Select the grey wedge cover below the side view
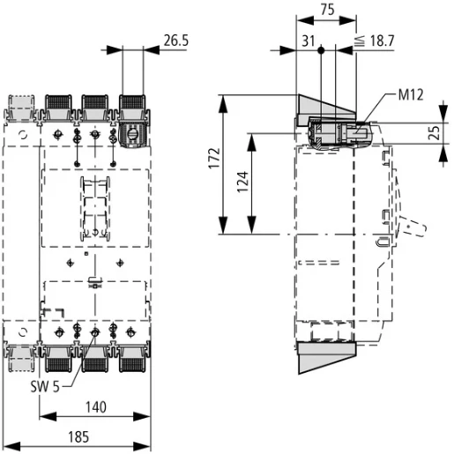327,357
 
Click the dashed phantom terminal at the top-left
21,108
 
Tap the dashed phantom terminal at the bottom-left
21,353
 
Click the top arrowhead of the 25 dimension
443,120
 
